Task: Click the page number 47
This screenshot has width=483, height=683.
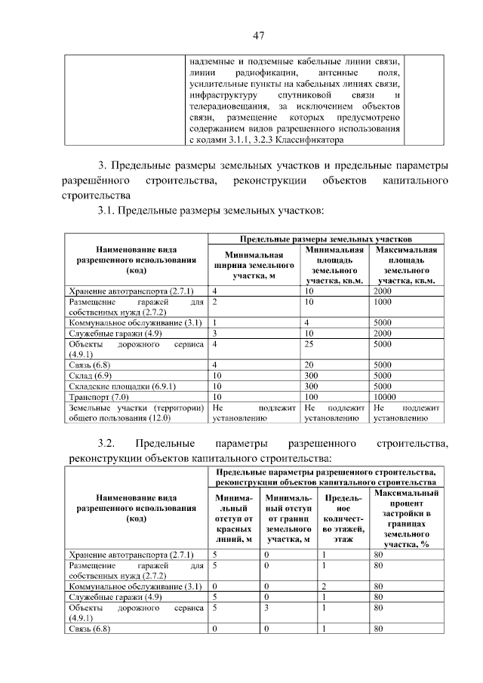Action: coord(257,35)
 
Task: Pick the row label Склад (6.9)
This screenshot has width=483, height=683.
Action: coord(90,375)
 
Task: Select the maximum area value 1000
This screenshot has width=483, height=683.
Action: coord(383,302)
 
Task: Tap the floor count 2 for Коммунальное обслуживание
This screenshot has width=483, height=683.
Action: coord(322,586)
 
